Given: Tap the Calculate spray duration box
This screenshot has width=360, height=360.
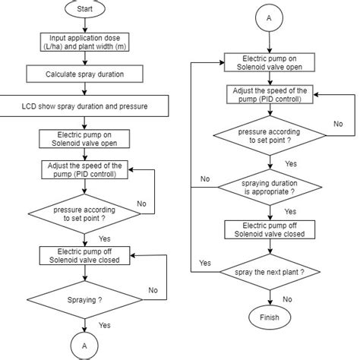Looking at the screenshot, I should pyautogui.click(x=85, y=74).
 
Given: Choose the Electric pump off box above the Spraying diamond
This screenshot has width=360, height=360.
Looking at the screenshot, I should pyautogui.click(x=84, y=256).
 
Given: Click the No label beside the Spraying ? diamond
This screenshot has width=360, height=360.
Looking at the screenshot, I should pyautogui.click(x=153, y=289).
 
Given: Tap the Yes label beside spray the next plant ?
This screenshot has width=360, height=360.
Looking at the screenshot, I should pyautogui.click(x=204, y=263).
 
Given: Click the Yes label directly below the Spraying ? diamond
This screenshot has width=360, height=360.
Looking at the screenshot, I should pyautogui.click(x=104, y=324).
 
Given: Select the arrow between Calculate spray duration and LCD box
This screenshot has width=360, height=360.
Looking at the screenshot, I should pyautogui.click(x=85, y=89).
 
